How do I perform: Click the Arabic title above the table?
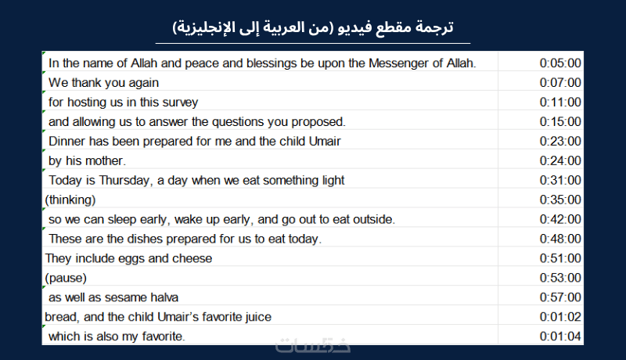tap(313, 27)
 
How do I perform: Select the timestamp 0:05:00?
tap(560, 63)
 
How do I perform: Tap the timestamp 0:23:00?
tap(560, 142)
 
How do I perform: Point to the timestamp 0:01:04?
tap(560, 337)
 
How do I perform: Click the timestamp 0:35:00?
tap(560, 200)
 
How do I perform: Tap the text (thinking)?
tap(70, 200)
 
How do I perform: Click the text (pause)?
tap(66, 278)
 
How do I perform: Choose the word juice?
tap(258, 317)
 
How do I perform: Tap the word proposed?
tap(318, 122)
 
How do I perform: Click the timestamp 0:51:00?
tap(560, 258)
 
